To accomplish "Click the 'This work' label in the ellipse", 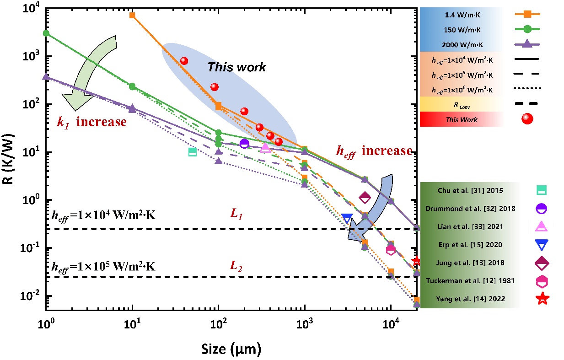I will pos(236,68).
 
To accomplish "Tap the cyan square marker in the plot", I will pos(193,152).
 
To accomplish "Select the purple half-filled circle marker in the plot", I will pos(244,144).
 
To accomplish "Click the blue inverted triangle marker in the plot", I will pos(347,219).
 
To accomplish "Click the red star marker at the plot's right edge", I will pos(416,261).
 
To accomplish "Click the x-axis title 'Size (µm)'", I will pos(231,349).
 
